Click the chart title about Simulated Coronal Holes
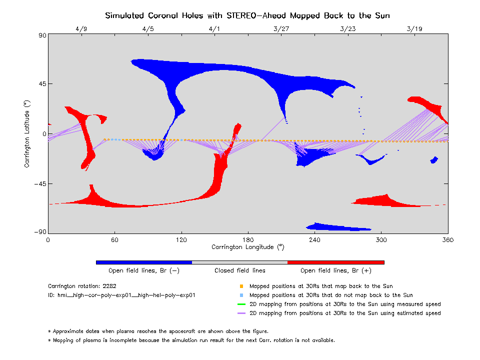(x=247, y=15)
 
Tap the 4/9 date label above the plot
(x=81, y=29)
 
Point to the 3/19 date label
(x=414, y=29)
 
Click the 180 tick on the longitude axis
(x=248, y=240)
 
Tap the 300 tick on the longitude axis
(x=381, y=240)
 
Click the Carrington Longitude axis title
(x=247, y=247)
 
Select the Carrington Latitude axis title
(x=27, y=133)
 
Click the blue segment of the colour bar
(x=144, y=262)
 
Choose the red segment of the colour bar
(x=336, y=262)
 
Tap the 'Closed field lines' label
(x=240, y=270)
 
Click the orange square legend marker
(x=241, y=286)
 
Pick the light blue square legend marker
(x=241, y=295)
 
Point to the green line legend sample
(x=241, y=304)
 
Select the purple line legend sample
(x=241, y=313)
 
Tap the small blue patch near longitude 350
(x=434, y=160)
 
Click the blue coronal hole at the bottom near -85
(x=340, y=226)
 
